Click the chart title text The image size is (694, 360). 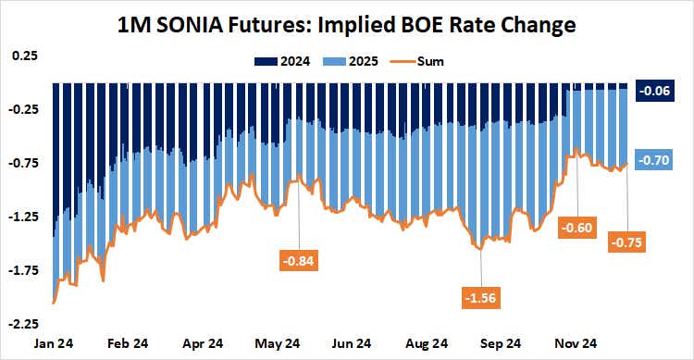click(347, 24)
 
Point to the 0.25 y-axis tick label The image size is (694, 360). click(24, 56)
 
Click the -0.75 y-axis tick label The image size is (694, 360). click(22, 163)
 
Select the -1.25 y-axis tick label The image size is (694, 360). click(22, 217)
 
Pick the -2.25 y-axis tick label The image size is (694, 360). click(22, 324)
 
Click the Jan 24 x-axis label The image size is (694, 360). click(53, 342)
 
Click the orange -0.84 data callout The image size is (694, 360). click(298, 261)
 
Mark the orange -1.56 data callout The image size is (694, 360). click(479, 297)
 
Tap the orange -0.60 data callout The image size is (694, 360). click(577, 226)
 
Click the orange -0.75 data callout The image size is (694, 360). click(627, 242)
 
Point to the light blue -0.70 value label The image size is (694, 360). click(656, 160)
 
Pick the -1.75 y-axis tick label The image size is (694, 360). click(22, 270)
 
